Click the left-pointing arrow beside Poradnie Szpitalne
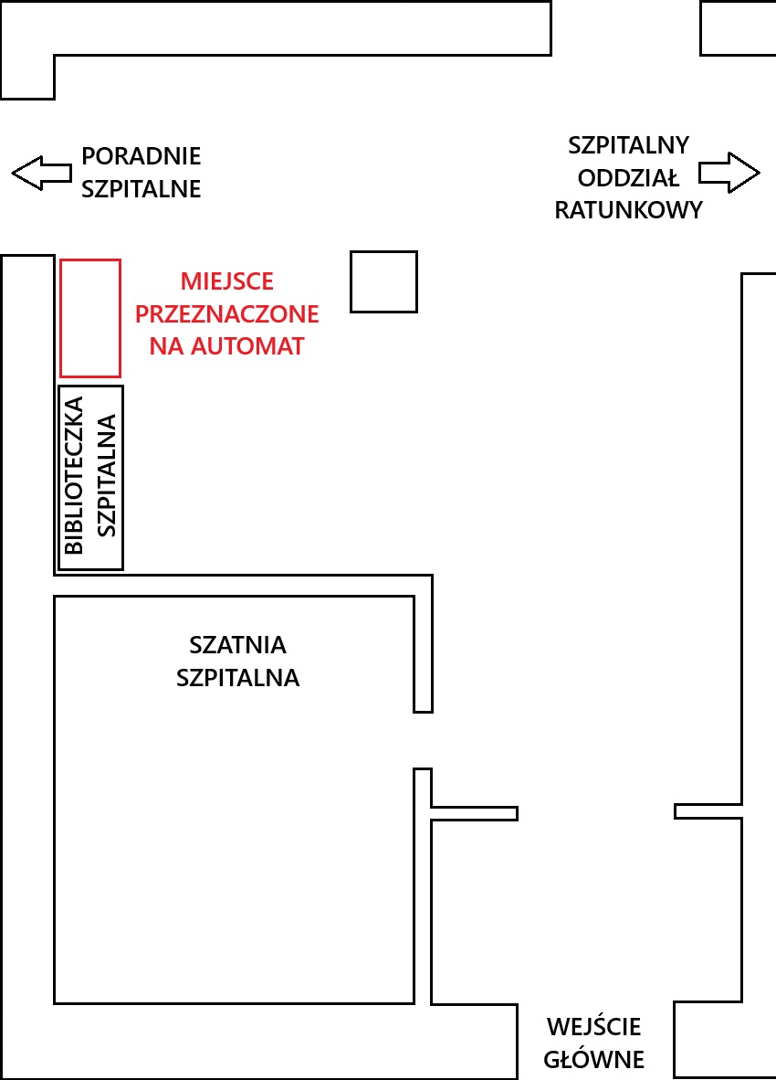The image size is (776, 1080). pos(41,173)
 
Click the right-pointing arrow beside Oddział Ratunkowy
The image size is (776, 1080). pos(730,173)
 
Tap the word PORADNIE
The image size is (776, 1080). pos(141,156)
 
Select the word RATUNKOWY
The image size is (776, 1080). pos(629,210)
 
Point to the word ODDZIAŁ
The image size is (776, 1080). pos(628,177)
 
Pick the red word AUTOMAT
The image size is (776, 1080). pos(247,345)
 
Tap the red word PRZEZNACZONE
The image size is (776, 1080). pos(227,314)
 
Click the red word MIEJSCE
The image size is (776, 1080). pos(227,281)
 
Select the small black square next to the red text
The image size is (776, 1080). pos(351,281)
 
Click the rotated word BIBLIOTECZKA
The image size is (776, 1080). pos(74,475)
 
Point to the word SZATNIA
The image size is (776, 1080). pos(238,645)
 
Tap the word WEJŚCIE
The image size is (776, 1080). pos(594,1026)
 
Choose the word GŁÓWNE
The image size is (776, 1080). pos(594,1059)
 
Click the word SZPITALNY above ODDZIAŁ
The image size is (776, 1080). pos(629,145)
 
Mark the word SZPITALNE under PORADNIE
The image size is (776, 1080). pos(141,189)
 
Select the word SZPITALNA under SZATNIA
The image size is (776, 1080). pos(238,678)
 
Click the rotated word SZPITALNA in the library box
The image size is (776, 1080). pos(107,475)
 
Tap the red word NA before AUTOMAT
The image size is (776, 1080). pos(167,345)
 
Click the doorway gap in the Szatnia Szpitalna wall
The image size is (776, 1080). pos(423,740)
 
